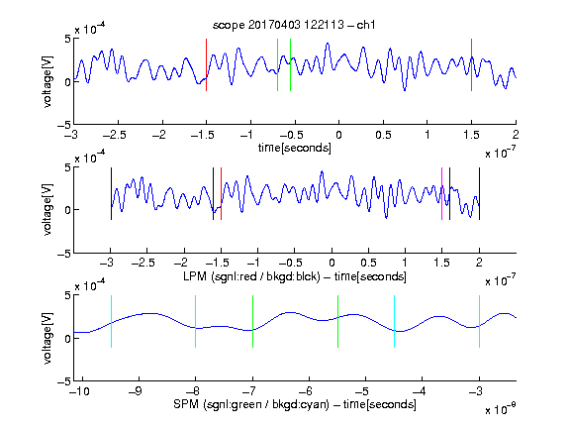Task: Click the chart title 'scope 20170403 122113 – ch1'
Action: pyautogui.click(x=294, y=25)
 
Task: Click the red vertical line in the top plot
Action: pyautogui.click(x=206, y=64)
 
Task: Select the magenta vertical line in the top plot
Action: pyautogui.click(x=471, y=64)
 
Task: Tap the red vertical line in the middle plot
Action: pyautogui.click(x=221, y=193)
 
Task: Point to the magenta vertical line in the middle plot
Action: pyautogui.click(x=441, y=193)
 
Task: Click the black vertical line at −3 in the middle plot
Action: pyautogui.click(x=111, y=193)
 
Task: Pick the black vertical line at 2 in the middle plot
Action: pyautogui.click(x=479, y=193)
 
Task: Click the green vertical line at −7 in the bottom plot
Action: pyautogui.click(x=252, y=321)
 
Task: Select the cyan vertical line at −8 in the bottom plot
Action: pyautogui.click(x=196, y=321)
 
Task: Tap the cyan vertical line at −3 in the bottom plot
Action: pyautogui.click(x=479, y=321)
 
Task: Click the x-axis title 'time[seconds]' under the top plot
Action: pyautogui.click(x=295, y=148)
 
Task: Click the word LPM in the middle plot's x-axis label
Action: pyautogui.click(x=195, y=276)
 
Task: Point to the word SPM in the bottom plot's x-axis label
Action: pyautogui.click(x=186, y=404)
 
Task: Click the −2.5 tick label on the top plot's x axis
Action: pyautogui.click(x=115, y=135)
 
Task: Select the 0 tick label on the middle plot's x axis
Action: pyautogui.click(x=332, y=263)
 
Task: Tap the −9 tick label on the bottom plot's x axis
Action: pyautogui.click(x=136, y=391)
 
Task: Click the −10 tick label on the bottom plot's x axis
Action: pyautogui.click(x=79, y=391)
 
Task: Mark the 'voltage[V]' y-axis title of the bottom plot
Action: pyautogui.click(x=47, y=338)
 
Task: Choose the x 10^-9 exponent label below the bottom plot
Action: pyautogui.click(x=501, y=409)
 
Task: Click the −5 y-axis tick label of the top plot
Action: pyautogui.click(x=64, y=125)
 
